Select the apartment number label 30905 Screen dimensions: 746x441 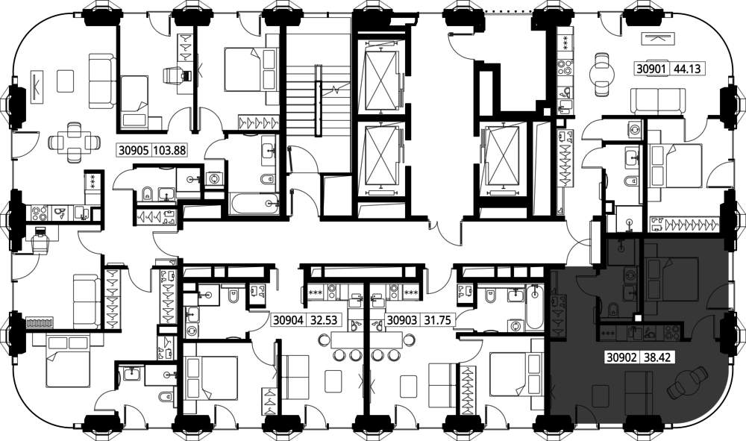pos(134,150)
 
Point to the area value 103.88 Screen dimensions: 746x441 pos(169,150)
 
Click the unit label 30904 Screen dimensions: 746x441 pos(288,320)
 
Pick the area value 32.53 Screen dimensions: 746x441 pos(324,320)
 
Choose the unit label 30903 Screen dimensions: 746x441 pos(402,320)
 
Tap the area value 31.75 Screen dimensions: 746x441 pos(437,320)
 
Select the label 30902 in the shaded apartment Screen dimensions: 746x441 pos(621,357)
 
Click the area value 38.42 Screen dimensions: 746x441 pos(656,357)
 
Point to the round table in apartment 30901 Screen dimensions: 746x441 pos(602,74)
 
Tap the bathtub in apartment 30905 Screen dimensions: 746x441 pos(254,204)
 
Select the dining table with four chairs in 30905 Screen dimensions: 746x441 pos(74,143)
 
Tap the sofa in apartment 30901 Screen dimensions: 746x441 pos(658,101)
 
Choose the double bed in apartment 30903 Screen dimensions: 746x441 pos(515,376)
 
